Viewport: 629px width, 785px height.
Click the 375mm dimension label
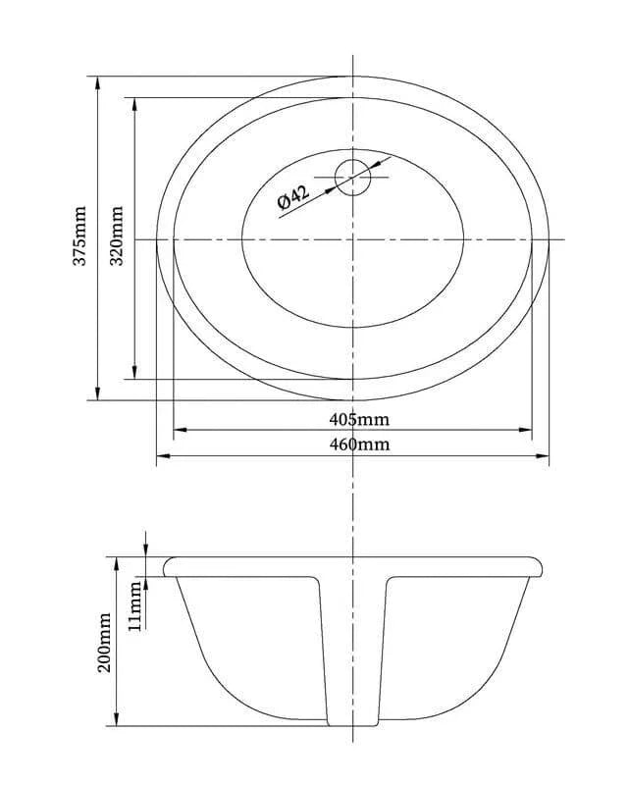(80, 235)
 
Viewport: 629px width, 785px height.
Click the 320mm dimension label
(117, 235)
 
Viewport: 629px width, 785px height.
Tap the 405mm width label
(359, 419)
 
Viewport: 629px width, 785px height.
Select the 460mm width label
(359, 445)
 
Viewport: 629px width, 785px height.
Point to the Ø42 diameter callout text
(293, 197)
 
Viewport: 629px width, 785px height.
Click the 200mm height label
(104, 642)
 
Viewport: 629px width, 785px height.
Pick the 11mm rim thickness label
(134, 606)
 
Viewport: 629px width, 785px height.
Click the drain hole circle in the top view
(352, 160)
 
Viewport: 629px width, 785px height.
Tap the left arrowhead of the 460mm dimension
(164, 456)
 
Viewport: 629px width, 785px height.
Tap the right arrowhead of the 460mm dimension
(543, 456)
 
